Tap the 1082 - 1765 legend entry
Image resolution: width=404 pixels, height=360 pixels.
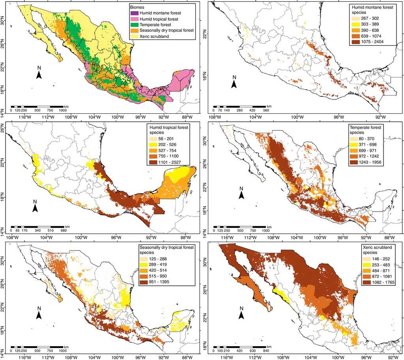[x=367, y=282]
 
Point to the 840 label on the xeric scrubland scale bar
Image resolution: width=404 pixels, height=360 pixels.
[x=266, y=351]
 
